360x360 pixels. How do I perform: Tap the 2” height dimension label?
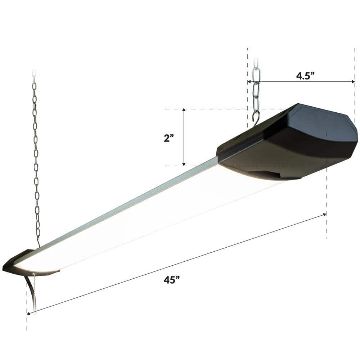pos(168,138)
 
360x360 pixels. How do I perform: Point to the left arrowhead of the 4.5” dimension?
pos(249,82)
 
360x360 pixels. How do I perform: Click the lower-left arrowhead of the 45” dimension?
pos(29,313)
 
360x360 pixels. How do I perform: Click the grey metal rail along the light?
pos(126,209)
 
